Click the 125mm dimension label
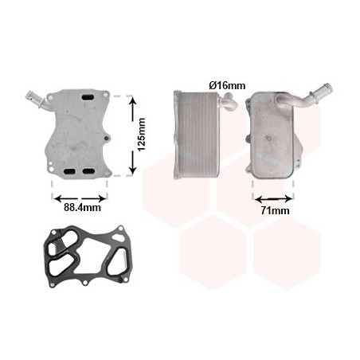(x=142, y=135)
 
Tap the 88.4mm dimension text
(x=82, y=207)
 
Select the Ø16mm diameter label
(x=227, y=85)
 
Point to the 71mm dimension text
(x=275, y=210)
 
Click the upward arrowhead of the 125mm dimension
(x=132, y=101)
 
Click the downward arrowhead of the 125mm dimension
(x=132, y=169)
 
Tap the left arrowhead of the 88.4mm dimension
(x=58, y=198)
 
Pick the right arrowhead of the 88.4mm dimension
(x=102, y=198)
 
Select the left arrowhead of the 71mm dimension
(x=258, y=198)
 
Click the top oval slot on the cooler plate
(x=88, y=98)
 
